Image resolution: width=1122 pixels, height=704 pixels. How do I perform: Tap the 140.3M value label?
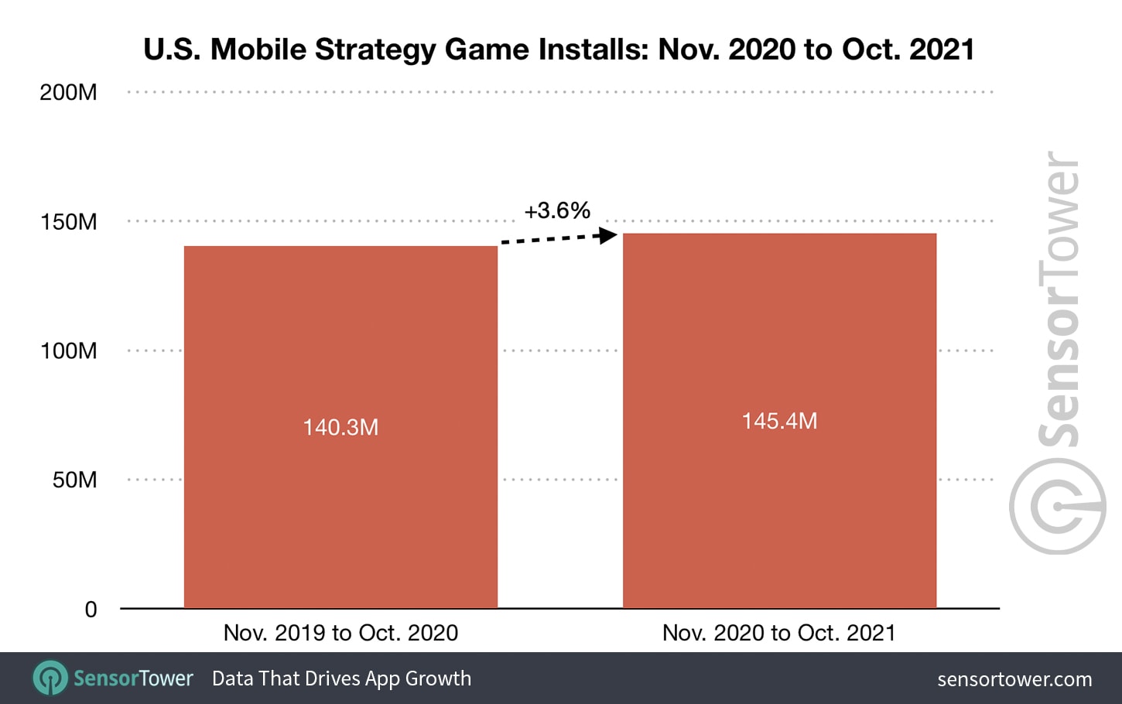(340, 427)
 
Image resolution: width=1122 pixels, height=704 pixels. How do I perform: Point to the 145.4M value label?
(779, 421)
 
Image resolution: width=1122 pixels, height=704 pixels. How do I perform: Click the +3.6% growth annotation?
(557, 210)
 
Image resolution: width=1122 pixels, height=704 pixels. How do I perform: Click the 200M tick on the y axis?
(69, 93)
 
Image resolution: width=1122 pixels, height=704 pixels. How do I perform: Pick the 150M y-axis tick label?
(69, 222)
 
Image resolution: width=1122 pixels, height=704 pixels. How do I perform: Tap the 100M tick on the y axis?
(69, 351)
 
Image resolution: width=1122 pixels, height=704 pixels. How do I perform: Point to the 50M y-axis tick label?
(74, 480)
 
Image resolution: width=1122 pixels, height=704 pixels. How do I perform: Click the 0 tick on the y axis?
(91, 610)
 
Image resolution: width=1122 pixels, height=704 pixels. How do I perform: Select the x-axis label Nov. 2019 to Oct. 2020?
(340, 633)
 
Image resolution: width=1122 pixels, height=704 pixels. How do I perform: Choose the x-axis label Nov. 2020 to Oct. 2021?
(779, 633)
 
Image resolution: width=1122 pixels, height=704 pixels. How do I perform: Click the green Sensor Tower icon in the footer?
(50, 678)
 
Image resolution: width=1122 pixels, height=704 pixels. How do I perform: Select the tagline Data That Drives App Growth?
(341, 678)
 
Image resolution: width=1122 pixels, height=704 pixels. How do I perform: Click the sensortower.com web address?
(1014, 679)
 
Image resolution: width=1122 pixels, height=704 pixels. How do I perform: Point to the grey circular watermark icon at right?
(1057, 506)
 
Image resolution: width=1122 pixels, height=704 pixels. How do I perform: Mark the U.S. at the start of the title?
(173, 50)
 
